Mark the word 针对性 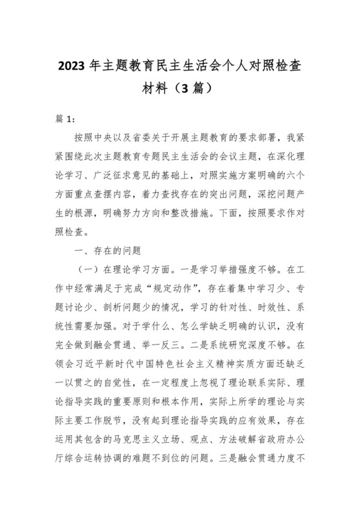point(213,306)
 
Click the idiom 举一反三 point(183,344)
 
